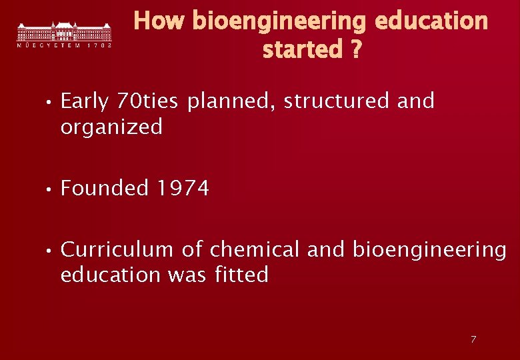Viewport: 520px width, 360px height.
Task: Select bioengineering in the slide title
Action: click(279, 21)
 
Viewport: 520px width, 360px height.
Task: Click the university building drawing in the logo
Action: click(64, 31)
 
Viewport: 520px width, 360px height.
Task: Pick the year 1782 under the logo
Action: click(99, 46)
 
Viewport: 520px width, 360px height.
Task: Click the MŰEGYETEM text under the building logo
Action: click(48, 46)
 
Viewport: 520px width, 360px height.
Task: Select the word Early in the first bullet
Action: click(85, 101)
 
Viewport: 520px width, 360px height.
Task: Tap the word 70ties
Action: click(147, 101)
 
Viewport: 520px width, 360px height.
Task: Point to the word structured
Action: click(337, 101)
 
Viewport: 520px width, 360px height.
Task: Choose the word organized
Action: click(111, 127)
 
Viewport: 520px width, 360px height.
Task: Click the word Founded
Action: click(105, 189)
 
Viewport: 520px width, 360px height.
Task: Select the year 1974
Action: click(183, 189)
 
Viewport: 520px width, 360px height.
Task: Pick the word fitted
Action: click(242, 275)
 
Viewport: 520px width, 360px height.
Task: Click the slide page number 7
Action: click(473, 339)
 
